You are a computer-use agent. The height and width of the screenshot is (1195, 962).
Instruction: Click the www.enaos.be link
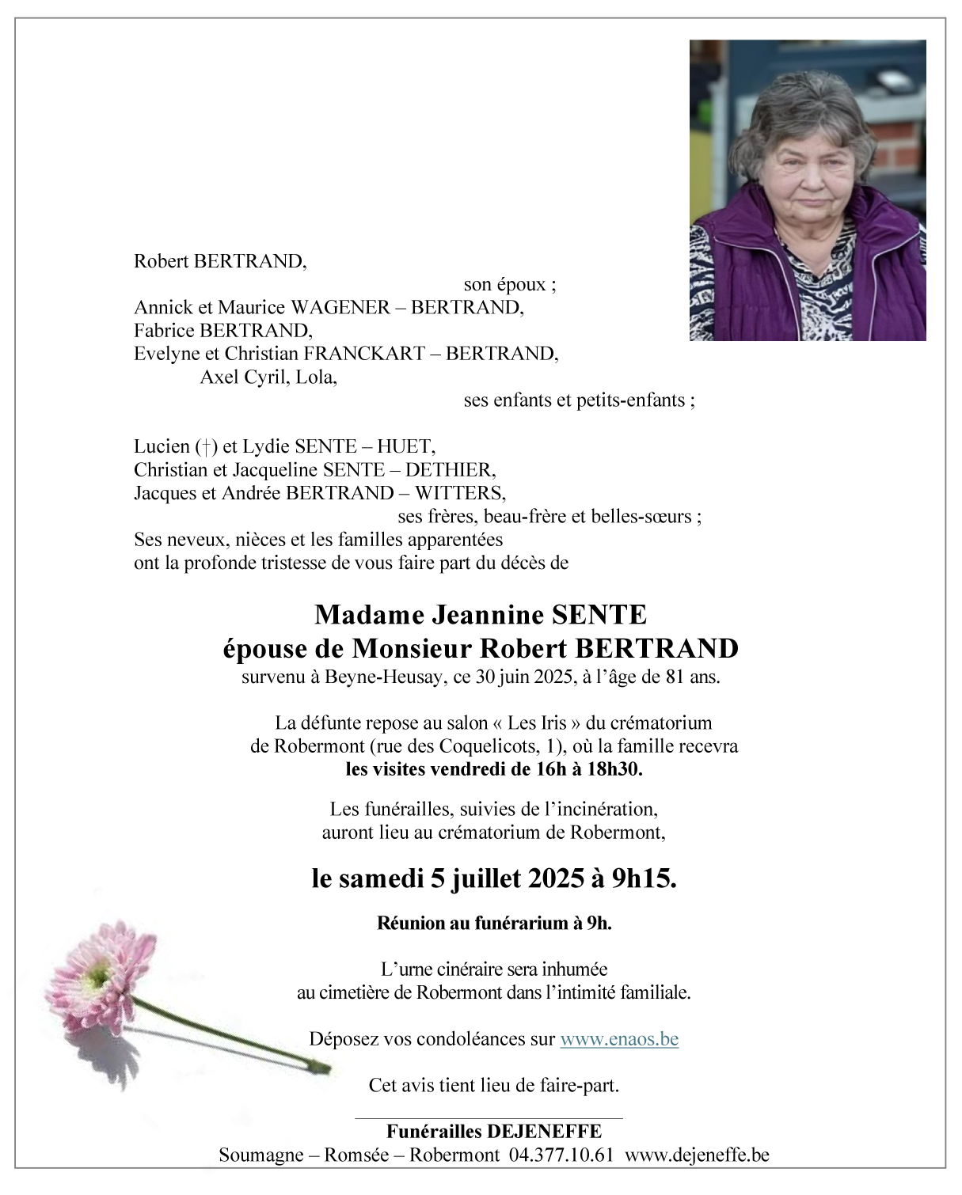[x=619, y=1039]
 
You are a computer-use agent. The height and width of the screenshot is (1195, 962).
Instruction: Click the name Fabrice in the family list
[x=165, y=330]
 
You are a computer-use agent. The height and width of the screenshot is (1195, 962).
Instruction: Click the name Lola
[x=316, y=377]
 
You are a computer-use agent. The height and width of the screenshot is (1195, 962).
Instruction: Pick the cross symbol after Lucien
[x=207, y=447]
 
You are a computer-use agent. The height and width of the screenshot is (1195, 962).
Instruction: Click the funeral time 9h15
[x=644, y=878]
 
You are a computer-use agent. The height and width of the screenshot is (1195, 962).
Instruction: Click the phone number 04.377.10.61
[x=561, y=1155]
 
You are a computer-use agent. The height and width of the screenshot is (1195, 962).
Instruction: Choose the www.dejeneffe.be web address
[x=697, y=1155]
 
